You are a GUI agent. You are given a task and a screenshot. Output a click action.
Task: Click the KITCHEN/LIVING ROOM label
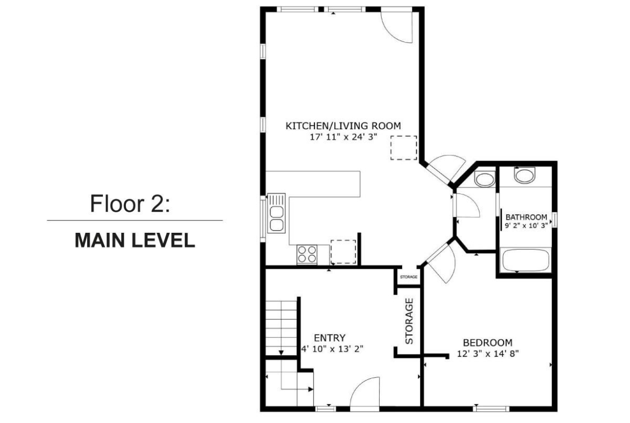click(343, 126)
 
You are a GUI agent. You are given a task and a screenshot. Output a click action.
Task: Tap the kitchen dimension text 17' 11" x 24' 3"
click(344, 137)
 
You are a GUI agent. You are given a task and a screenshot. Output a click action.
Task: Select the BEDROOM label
click(488, 343)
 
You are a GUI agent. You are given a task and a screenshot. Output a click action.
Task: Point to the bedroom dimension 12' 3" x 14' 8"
click(488, 354)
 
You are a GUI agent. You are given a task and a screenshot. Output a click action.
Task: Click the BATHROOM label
click(526, 217)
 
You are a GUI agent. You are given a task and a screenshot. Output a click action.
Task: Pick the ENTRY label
click(330, 338)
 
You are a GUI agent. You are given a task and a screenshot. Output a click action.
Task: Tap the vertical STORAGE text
click(409, 321)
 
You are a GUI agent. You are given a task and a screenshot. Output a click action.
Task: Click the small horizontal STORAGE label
click(409, 277)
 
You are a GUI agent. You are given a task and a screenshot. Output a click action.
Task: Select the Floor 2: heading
click(130, 204)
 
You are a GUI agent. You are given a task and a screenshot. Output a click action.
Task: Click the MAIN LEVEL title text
click(135, 240)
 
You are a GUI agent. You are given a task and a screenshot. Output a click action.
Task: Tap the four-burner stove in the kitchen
click(307, 254)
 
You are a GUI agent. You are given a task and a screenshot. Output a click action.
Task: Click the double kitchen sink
click(276, 213)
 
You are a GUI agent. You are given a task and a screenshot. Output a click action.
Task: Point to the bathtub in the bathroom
click(526, 261)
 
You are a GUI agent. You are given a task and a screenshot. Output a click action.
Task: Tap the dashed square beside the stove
click(343, 252)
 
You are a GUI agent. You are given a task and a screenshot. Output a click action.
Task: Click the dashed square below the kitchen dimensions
click(403, 148)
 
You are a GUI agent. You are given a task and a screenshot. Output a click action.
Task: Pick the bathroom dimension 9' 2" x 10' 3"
click(526, 226)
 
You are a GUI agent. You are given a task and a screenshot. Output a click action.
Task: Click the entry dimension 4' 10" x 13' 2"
click(333, 349)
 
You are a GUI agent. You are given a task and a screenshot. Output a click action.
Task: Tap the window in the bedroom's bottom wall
click(491, 409)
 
